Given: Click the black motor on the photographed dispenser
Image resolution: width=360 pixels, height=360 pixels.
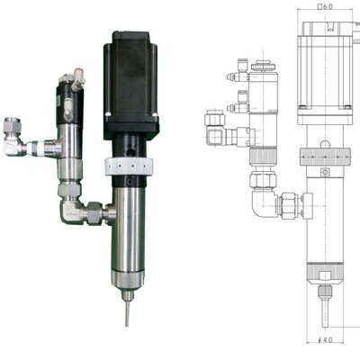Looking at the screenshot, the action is click(130, 85).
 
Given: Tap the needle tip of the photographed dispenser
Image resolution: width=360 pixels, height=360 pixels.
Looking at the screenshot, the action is click(127, 325).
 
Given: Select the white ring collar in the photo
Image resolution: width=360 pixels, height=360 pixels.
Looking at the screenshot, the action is click(129, 166).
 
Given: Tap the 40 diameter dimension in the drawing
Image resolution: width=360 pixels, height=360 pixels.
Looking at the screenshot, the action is click(325, 340).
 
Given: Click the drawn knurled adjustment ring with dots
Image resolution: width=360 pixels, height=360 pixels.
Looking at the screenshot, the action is click(325, 157).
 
